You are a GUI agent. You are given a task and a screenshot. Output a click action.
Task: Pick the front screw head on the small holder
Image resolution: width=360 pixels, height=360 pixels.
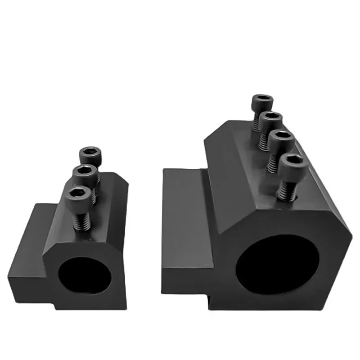coord(81,197)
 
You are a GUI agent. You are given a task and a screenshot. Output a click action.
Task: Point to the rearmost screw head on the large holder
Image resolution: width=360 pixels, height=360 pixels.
coord(261,103)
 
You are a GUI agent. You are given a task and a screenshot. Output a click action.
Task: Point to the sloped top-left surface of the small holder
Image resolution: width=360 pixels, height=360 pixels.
coord(61,207)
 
